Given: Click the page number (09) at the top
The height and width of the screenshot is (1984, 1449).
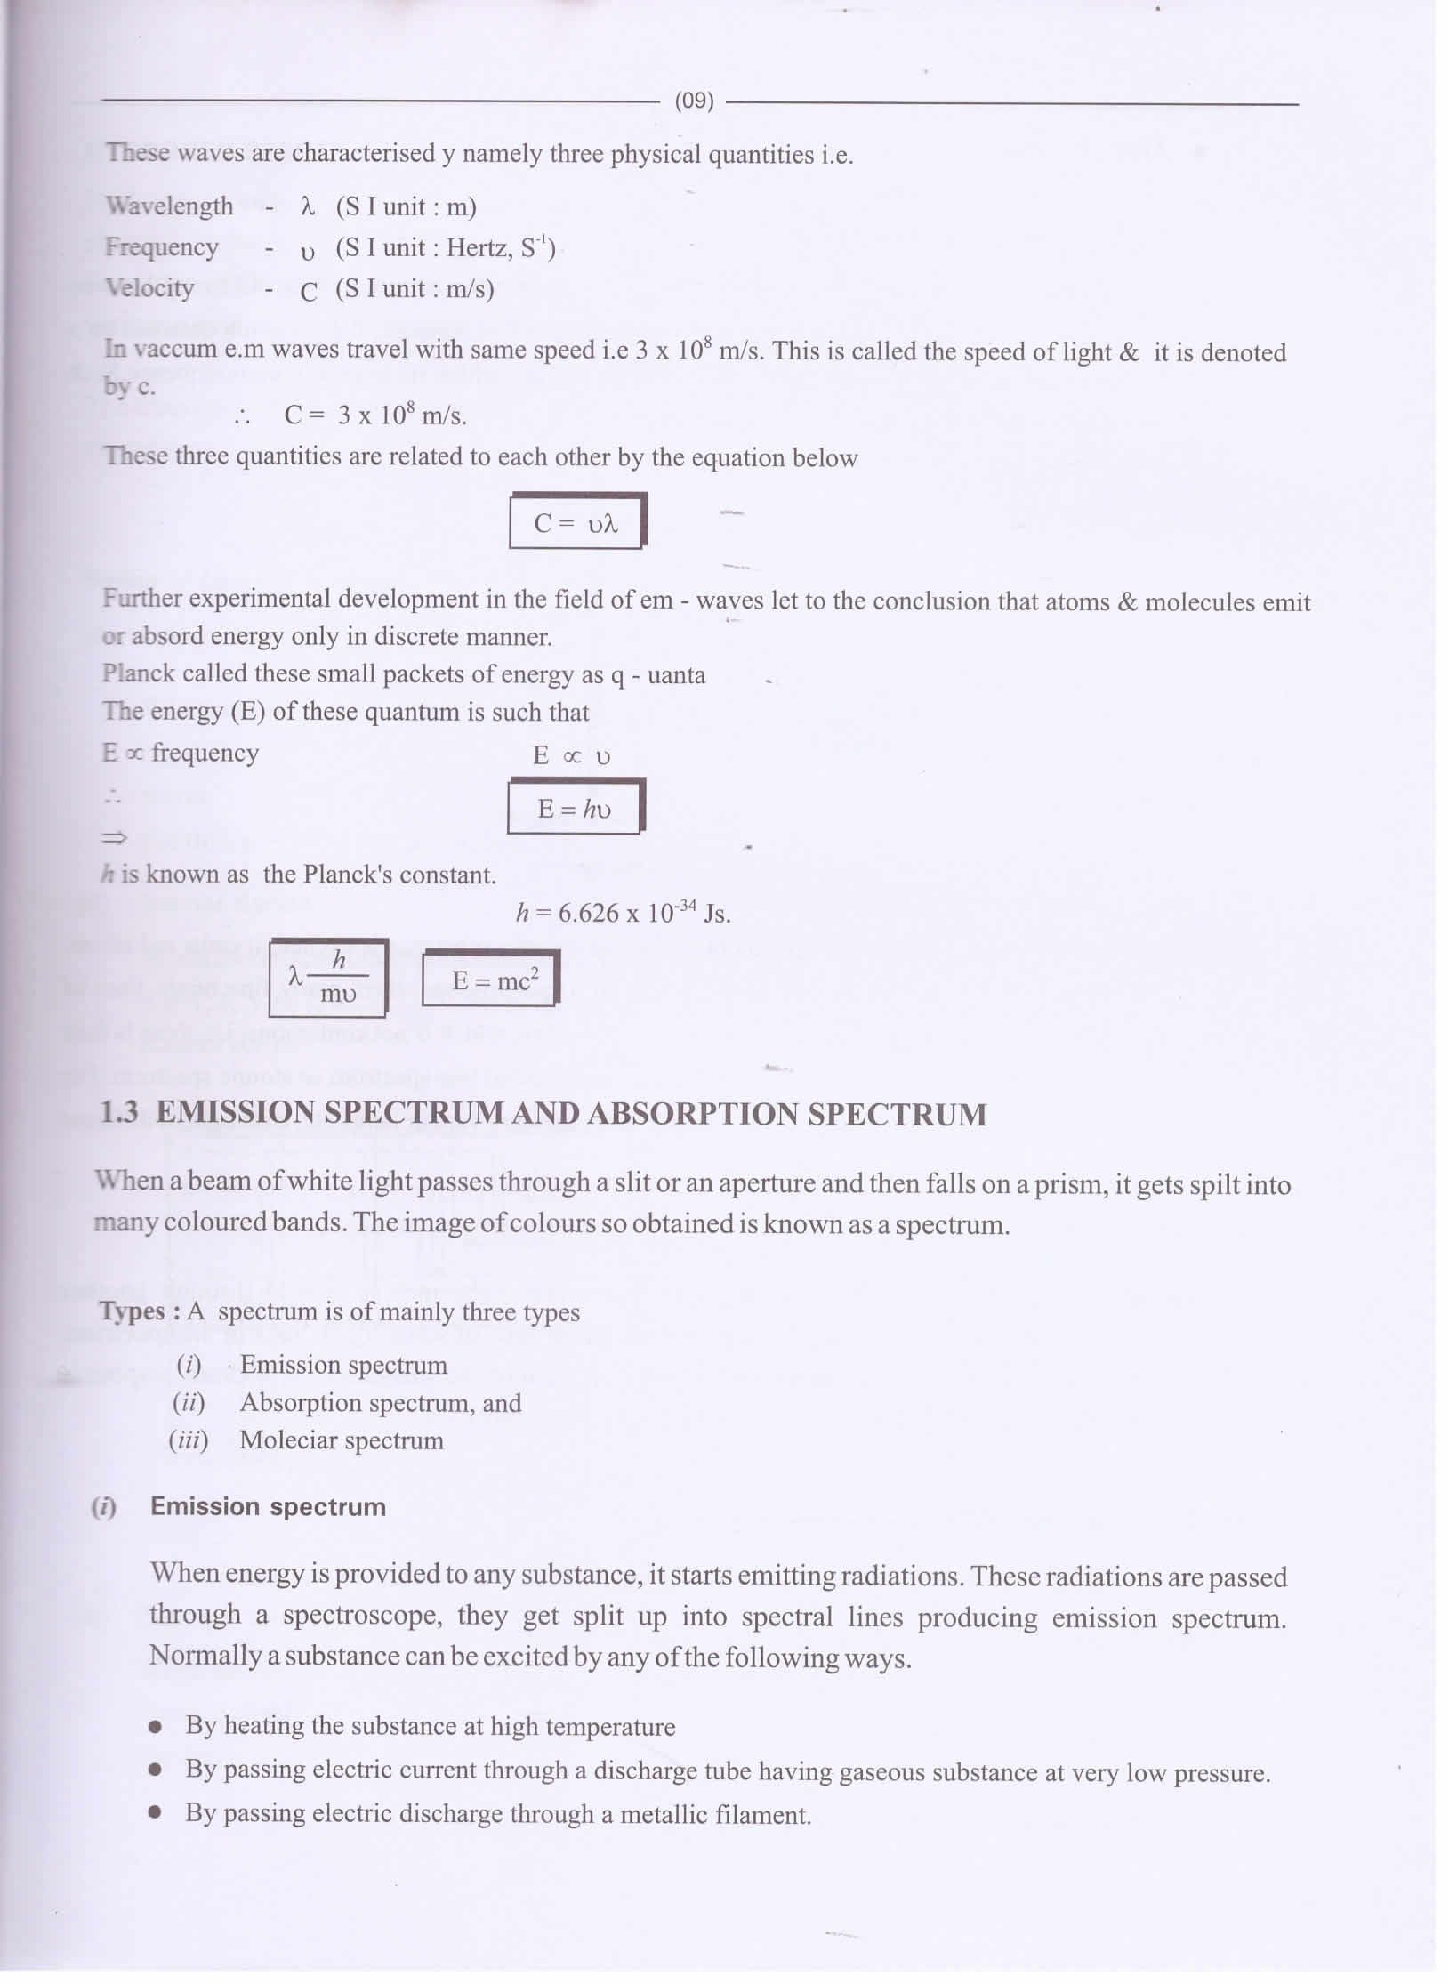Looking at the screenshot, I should pyautogui.click(x=694, y=101).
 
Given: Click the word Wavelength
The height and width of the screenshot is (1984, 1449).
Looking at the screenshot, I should pyautogui.click(x=169, y=206).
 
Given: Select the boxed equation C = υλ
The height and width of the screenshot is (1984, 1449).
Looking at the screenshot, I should pyautogui.click(x=576, y=522).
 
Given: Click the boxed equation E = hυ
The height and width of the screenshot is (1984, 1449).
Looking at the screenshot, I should pyautogui.click(x=575, y=808).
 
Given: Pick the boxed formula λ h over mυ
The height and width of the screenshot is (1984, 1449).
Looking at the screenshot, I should pyautogui.click(x=327, y=978).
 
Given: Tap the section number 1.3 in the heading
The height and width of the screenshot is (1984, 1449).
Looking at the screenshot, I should pyautogui.click(x=119, y=1113).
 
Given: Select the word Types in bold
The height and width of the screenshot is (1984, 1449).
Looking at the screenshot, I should pyautogui.click(x=132, y=1312).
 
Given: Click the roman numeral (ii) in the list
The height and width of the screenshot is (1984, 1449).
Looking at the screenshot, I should pyautogui.click(x=189, y=1403).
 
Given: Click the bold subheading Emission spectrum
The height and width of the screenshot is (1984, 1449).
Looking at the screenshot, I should pyautogui.click(x=268, y=1507).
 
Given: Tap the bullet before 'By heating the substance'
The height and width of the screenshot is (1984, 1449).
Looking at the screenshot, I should pyautogui.click(x=156, y=1727).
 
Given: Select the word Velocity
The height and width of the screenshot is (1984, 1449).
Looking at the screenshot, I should pyautogui.click(x=149, y=288).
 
